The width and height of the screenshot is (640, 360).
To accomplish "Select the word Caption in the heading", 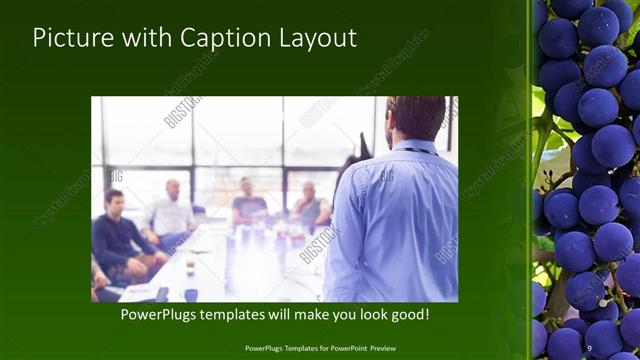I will click(216, 38).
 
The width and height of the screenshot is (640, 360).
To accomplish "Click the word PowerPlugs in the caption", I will click(163, 314).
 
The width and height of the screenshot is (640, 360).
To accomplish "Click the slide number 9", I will click(589, 348).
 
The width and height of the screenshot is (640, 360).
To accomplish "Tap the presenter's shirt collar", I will click(412, 148).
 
